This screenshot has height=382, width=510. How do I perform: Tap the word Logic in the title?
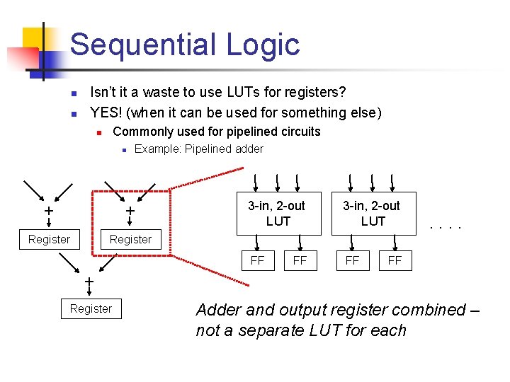point(263,45)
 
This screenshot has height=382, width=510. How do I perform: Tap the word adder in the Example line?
point(249,149)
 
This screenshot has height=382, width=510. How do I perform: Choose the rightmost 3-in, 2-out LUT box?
point(373,213)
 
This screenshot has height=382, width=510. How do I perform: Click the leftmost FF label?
point(258,260)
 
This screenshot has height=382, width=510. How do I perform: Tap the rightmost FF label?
point(395,260)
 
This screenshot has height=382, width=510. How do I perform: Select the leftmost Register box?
point(49,239)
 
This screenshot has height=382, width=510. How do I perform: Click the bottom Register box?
point(91,308)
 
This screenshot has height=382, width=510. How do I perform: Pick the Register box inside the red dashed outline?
point(130,239)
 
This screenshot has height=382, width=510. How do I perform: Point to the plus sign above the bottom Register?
point(90,283)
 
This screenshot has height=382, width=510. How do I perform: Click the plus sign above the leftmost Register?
point(48,212)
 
